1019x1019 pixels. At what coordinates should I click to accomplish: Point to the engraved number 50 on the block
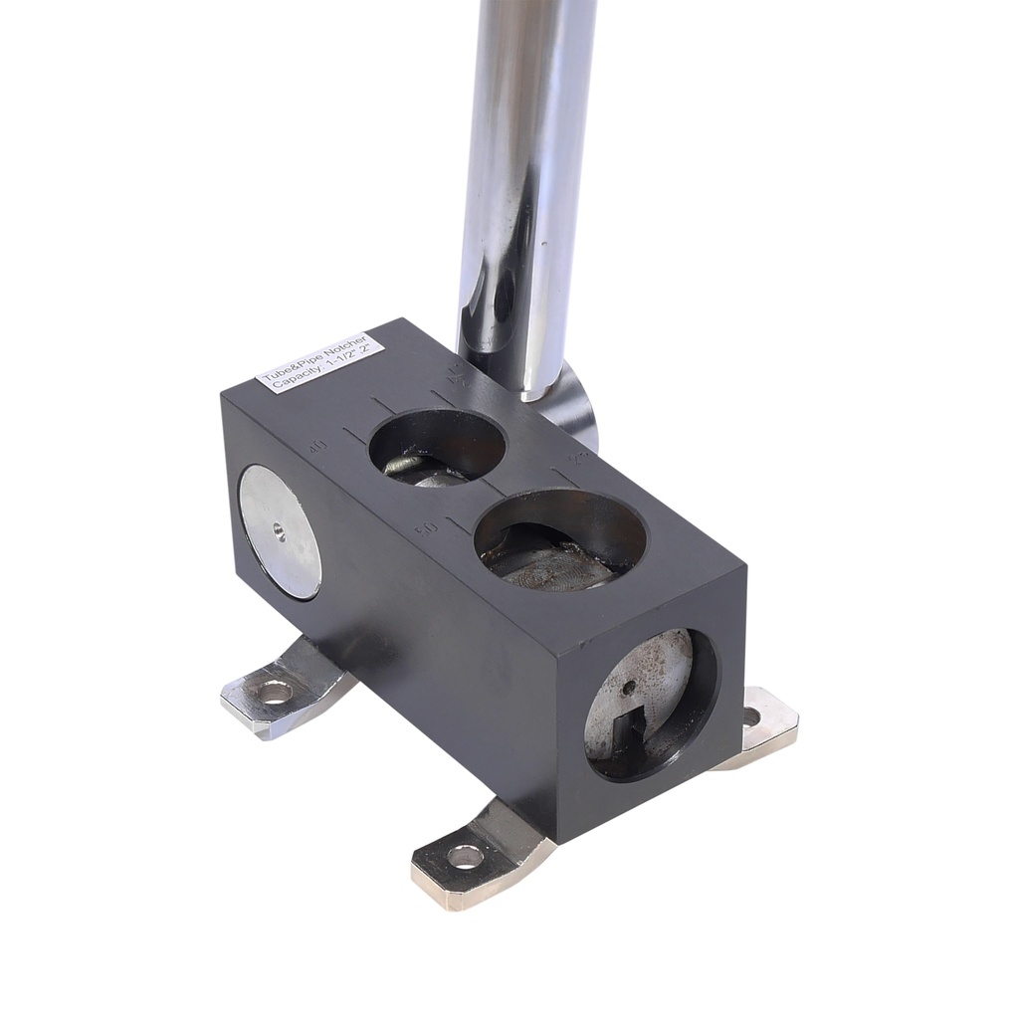pyautogui.click(x=425, y=524)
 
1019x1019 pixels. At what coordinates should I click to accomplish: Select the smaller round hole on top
pyautogui.click(x=436, y=452)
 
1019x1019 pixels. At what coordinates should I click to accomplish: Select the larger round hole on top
pyautogui.click(x=559, y=544)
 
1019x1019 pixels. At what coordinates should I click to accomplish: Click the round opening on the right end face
pyautogui.click(x=652, y=705)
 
